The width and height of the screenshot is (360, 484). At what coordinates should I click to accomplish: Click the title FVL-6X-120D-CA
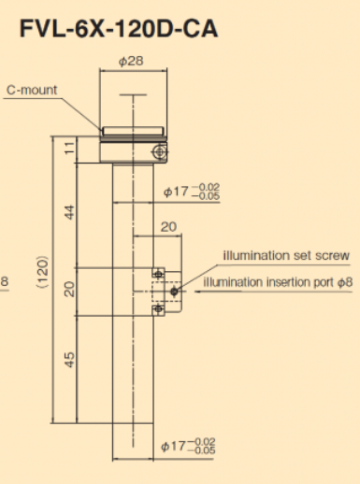click(x=119, y=29)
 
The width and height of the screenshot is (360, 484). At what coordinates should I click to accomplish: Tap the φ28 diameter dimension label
click(x=131, y=61)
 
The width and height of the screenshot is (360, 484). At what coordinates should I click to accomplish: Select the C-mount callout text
click(x=32, y=90)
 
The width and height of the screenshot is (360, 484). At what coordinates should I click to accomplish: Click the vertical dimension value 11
click(x=70, y=148)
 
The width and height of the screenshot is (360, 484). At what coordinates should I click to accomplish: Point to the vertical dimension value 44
click(x=70, y=212)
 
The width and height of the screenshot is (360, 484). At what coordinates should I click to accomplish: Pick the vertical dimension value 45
click(x=70, y=360)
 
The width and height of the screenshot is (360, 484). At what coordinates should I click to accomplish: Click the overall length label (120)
click(x=43, y=272)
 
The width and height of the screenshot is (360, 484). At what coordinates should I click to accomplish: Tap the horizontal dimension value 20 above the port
click(x=168, y=227)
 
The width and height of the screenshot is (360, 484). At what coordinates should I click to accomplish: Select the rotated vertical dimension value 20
click(x=70, y=289)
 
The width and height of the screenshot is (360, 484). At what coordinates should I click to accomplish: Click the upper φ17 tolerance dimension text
click(x=192, y=192)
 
